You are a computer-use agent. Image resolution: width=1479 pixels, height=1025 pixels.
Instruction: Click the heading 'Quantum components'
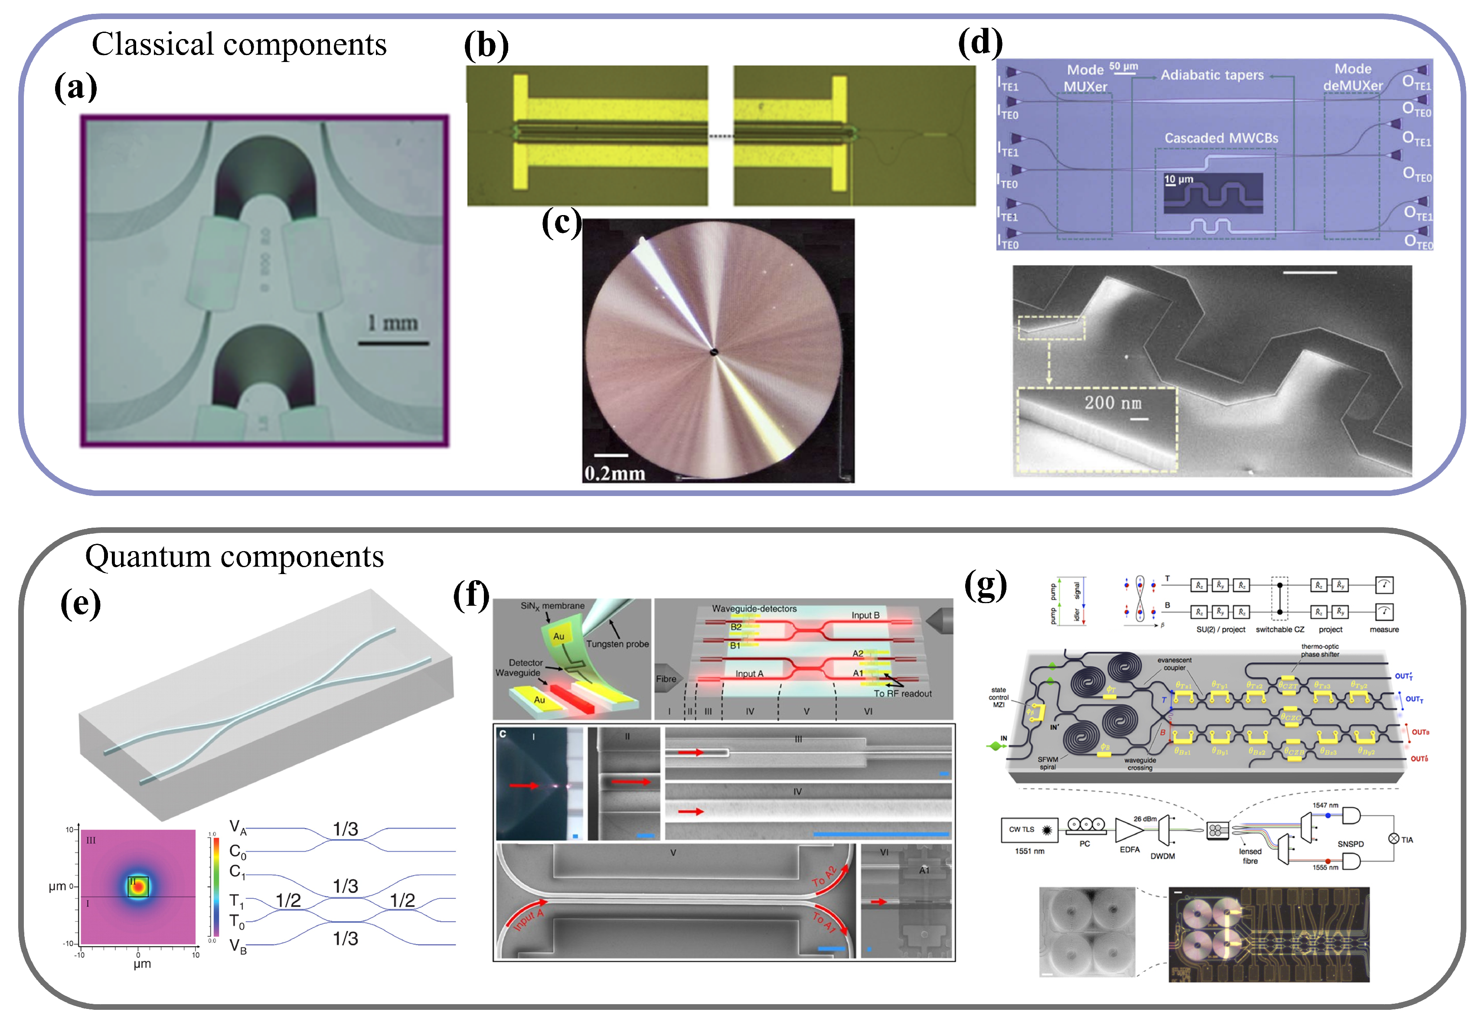coord(235,556)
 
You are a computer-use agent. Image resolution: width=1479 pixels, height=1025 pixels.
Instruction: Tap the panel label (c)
coord(561,223)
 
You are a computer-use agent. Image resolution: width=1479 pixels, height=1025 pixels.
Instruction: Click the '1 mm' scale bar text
coord(392,323)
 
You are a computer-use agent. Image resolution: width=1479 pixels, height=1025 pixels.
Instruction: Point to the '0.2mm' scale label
coord(614,473)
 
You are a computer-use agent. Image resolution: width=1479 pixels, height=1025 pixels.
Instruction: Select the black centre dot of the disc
coord(714,351)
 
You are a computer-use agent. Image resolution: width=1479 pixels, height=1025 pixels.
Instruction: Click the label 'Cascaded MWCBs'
coord(1221,138)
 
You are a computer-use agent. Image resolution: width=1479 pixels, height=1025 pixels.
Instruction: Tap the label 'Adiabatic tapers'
coord(1212,75)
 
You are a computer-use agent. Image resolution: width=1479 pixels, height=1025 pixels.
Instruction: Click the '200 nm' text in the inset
coord(1113,403)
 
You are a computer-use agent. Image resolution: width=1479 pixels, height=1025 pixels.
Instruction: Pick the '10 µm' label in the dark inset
coord(1179,179)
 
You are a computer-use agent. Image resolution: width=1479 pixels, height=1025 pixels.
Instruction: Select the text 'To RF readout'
coord(902,694)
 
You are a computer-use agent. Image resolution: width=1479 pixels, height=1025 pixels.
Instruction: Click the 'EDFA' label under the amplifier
coord(1130,850)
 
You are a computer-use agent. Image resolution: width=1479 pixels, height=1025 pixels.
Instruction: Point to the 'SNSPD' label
coord(1351,844)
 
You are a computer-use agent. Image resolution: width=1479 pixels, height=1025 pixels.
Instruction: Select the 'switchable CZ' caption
coord(1280,630)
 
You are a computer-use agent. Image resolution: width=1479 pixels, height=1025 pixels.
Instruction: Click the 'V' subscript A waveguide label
coord(238,827)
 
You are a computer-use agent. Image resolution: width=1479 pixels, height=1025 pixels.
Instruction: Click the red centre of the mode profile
coord(138,888)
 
